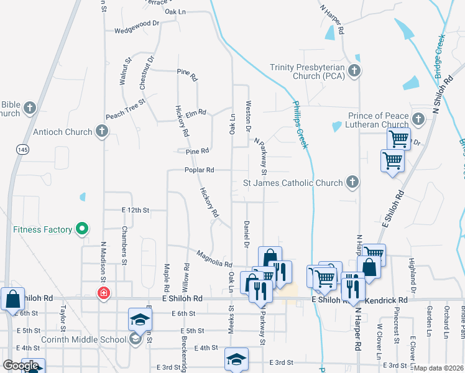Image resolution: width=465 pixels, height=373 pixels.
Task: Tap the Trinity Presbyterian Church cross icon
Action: [x=354, y=70]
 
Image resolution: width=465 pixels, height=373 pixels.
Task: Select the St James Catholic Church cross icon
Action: [x=352, y=183]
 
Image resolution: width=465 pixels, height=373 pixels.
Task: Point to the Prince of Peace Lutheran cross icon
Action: [x=418, y=118]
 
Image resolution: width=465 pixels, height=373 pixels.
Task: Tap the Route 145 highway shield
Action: [x=23, y=150]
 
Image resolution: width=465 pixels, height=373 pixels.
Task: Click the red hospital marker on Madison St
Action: [x=103, y=293]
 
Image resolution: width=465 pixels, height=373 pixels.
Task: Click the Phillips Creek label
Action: [x=300, y=124]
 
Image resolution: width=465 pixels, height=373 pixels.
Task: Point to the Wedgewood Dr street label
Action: [x=137, y=30]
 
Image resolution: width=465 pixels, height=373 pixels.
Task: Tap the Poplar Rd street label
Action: [x=199, y=170]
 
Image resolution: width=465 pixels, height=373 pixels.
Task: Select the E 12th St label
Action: [x=136, y=210]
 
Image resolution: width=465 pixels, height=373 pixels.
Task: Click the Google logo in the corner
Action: [x=21, y=366]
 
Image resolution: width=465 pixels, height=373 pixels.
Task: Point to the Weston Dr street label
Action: [x=248, y=116]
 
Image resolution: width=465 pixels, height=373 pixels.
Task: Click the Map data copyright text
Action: [x=438, y=368]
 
